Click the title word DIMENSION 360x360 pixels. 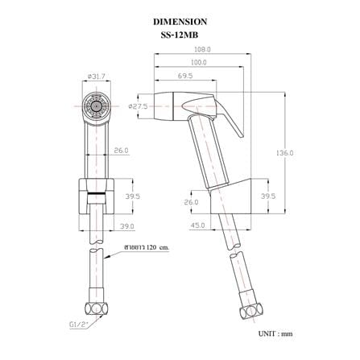180,22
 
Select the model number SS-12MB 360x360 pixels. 180,35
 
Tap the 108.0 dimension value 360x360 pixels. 202,49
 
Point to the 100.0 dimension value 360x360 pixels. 199,62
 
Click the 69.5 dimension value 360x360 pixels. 185,76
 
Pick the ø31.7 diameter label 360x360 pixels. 95,77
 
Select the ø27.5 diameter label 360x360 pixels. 138,106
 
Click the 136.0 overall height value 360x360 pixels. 284,153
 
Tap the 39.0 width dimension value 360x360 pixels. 126,226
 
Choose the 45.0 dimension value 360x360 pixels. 197,226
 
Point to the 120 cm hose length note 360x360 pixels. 147,247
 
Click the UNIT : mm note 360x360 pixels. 275,333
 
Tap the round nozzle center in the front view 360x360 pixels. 95,106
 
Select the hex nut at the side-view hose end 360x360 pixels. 251,312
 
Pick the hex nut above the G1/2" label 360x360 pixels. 97,308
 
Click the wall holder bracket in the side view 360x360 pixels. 230,197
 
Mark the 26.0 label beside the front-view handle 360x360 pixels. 121,151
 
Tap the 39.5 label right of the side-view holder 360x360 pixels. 268,197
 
